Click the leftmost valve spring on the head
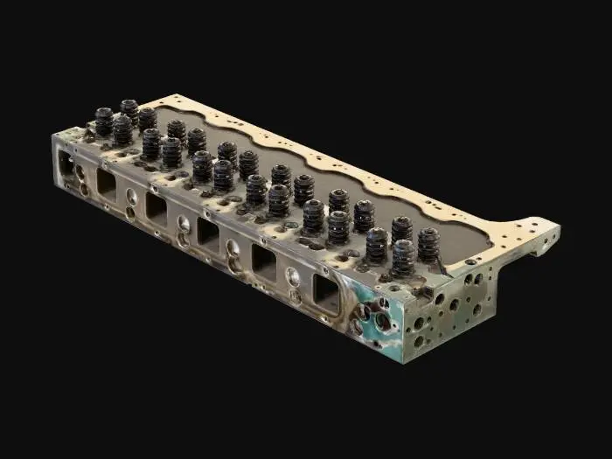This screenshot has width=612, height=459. (104, 122)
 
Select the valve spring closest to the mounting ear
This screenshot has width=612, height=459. (428, 244)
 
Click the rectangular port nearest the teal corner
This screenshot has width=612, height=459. (325, 294)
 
